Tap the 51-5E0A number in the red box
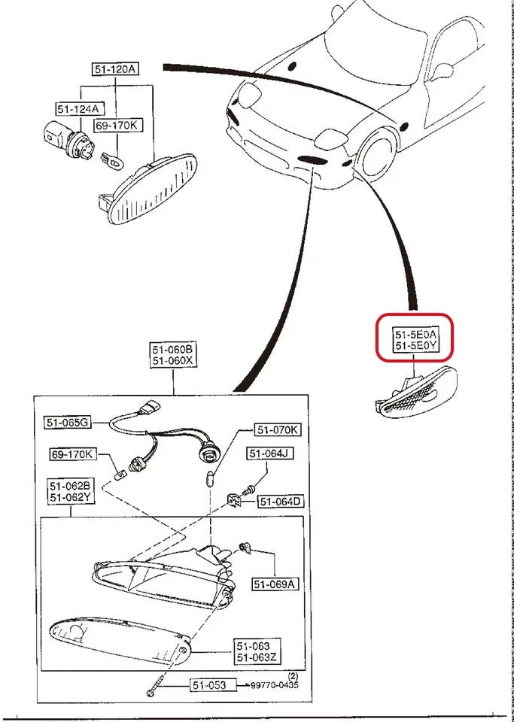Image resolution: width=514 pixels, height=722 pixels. [x=416, y=333]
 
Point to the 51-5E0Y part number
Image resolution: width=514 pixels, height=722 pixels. [x=416, y=345]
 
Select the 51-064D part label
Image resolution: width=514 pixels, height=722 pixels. [x=281, y=502]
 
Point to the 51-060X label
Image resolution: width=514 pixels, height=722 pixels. [x=173, y=361]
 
